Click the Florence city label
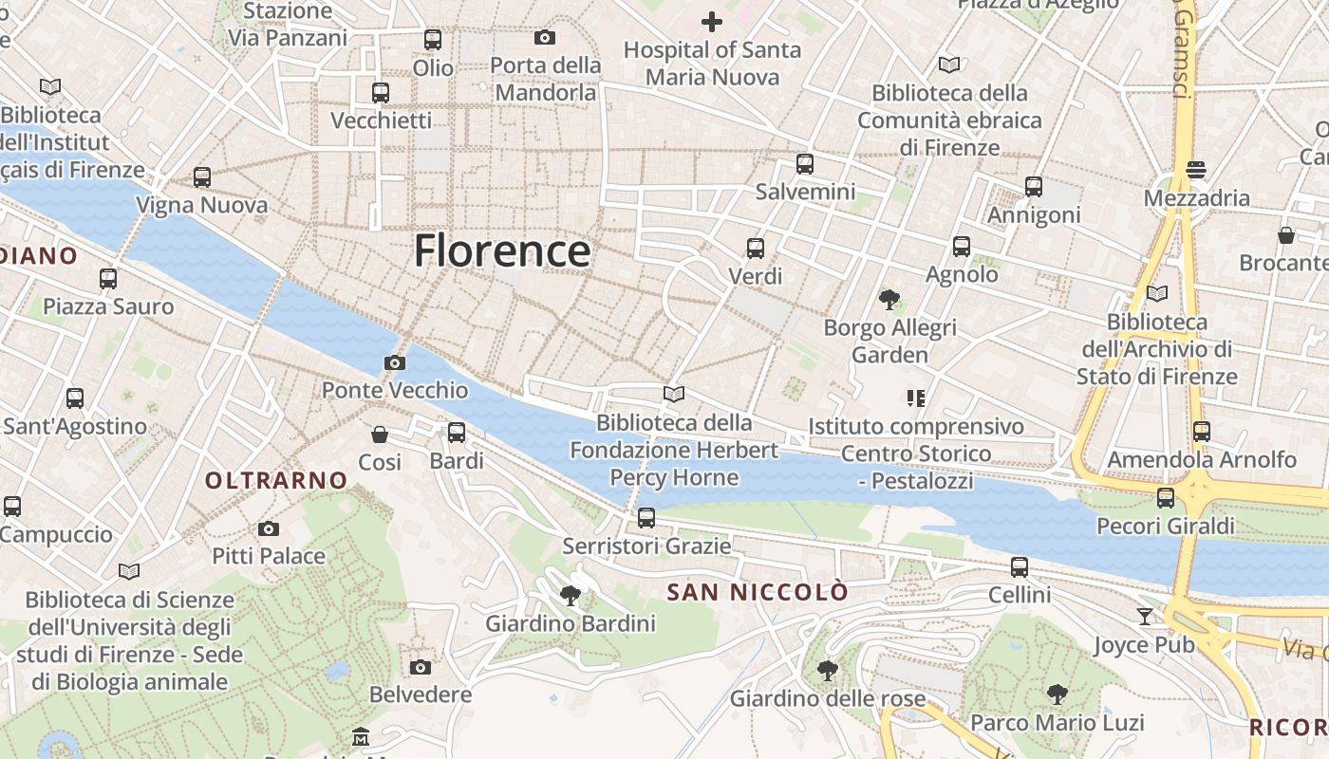502,251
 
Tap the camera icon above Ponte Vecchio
395,362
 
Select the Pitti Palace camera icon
269,528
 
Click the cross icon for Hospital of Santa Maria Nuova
711,21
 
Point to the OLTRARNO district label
277,480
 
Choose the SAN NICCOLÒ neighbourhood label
758,592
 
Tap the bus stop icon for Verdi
756,249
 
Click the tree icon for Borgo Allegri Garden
889,301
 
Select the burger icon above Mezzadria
1196,171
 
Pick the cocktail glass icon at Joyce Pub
1145,617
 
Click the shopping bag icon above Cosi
380,435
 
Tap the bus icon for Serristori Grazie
646,518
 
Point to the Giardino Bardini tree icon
571,596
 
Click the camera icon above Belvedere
421,667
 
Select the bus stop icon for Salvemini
805,163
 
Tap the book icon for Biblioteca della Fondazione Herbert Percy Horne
674,394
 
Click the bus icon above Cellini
1020,567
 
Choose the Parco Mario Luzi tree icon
1057,694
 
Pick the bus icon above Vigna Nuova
202,177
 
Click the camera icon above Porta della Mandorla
545,37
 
